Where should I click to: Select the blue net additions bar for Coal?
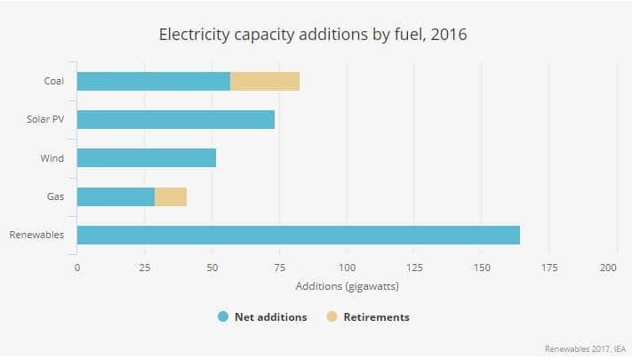coord(153,81)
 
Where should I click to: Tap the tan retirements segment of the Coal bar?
coord(265,81)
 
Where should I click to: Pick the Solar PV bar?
coord(176,119)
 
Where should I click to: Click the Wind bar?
coord(147,158)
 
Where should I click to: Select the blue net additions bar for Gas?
coord(116,196)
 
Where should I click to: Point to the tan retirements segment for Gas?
coord(171,196)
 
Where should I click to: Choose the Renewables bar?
coord(298,235)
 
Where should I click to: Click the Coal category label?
coord(53,81)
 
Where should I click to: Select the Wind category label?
coord(52,158)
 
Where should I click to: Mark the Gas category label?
coord(54,196)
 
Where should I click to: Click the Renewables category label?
coord(36,235)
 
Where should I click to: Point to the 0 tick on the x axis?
coord(77,268)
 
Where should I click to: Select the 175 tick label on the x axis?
coord(549,268)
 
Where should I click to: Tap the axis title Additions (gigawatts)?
coord(347,286)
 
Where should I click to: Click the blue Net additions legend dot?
coord(224,316)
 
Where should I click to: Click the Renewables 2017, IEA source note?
coord(585,348)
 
